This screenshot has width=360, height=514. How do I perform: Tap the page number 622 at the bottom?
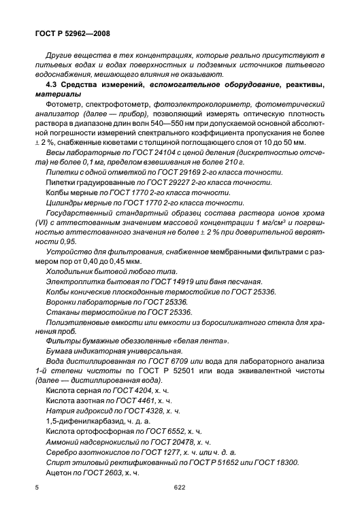click(180, 487)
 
